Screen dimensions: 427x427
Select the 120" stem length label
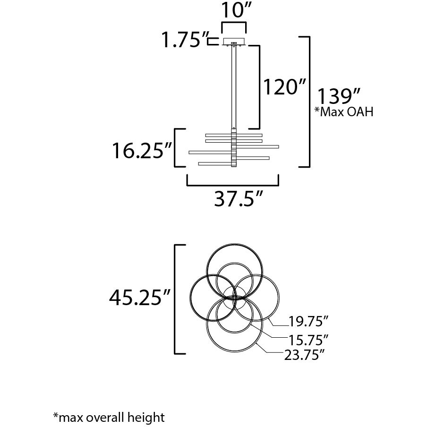[284, 87]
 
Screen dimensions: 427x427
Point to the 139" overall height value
[339, 96]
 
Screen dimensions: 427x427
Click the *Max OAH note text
[344, 111]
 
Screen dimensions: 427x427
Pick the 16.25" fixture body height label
[142, 151]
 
